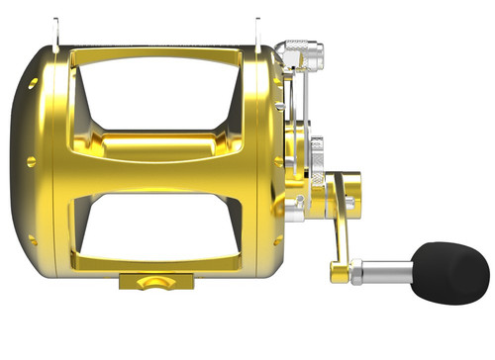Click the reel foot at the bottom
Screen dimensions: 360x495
point(148,282)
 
